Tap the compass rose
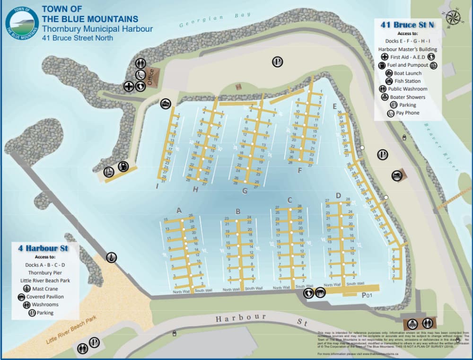[453, 17]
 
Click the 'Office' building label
[151, 75]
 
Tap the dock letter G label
[245, 191]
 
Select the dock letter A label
[179, 211]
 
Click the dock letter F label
[299, 171]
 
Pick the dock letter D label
[338, 195]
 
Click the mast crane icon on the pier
[111, 257]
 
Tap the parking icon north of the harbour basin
[277, 61]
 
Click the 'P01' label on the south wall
[368, 295]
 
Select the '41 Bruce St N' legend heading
[407, 25]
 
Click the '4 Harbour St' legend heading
[43, 248]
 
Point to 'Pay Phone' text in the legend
[407, 113]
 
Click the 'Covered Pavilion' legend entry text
[45, 297]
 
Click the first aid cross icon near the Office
[128, 87]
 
